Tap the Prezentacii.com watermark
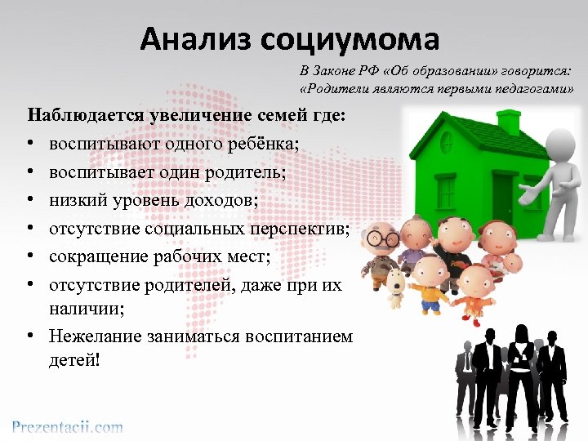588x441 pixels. click(x=67, y=426)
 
